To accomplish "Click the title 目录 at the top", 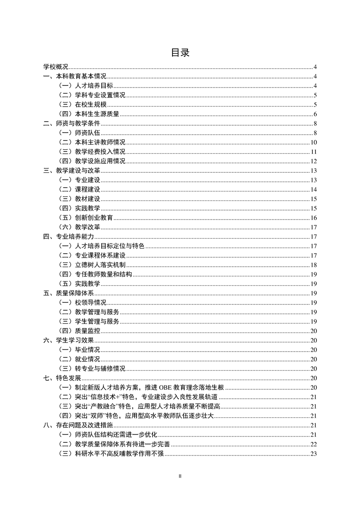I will pyautogui.click(x=180, y=53).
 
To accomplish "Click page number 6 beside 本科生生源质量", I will pyautogui.click(x=315, y=114).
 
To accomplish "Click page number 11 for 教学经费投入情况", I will pyautogui.click(x=313, y=152).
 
